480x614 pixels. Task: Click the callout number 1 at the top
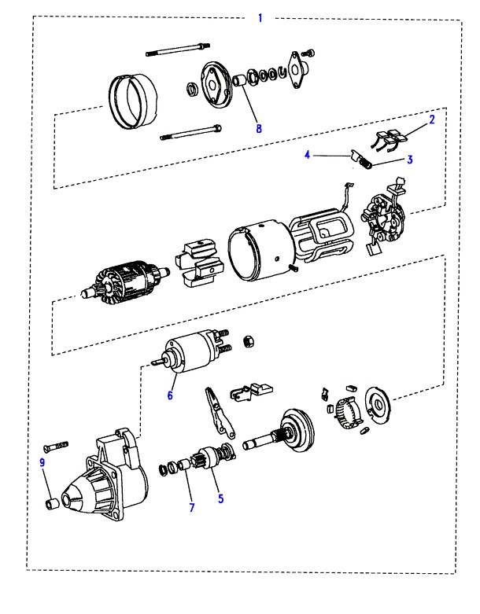[260, 17]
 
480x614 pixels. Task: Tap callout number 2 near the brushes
[432, 119]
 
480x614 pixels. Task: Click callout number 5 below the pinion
[221, 497]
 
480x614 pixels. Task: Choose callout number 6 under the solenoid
[170, 395]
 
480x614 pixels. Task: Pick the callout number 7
[191, 507]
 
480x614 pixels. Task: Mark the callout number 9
[42, 463]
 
